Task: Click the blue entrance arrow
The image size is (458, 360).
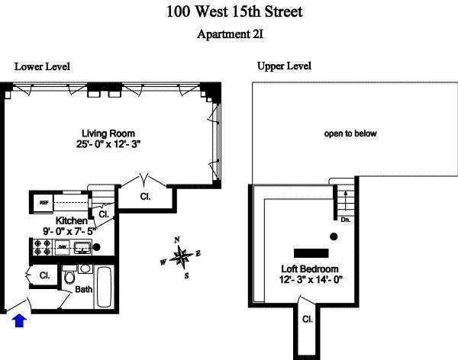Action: pos(20,322)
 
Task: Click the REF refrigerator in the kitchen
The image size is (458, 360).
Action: pos(44,204)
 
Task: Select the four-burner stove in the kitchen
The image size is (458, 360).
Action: pos(41,247)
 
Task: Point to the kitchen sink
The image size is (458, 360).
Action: pos(81,246)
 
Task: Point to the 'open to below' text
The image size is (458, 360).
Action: pos(350,133)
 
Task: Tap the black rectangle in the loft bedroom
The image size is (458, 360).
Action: pos(311,252)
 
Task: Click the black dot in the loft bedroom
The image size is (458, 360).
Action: pos(333,236)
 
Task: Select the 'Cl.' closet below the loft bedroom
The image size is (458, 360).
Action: pos(307,319)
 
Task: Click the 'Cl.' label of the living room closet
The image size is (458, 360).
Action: pos(145,195)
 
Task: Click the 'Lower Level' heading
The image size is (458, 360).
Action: pos(42,66)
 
